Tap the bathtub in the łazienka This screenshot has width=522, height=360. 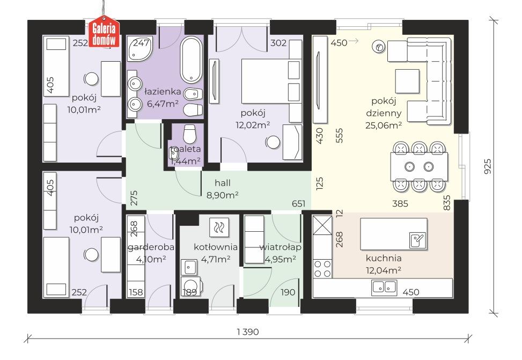[191, 59]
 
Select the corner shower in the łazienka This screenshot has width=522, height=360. [139, 49]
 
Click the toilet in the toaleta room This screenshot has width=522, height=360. [189, 134]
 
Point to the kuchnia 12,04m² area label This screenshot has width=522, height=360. [384, 264]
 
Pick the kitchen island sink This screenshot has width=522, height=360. [417, 240]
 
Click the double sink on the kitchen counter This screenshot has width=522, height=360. [384, 286]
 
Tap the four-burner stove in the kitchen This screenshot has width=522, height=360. [322, 269]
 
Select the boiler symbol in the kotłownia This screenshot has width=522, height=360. [219, 227]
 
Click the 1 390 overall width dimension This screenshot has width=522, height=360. [248, 332]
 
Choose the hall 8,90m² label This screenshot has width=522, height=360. [223, 189]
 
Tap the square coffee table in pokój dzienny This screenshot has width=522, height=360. [407, 81]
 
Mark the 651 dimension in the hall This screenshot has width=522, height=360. [298, 203]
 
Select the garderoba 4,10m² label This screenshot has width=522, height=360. [151, 253]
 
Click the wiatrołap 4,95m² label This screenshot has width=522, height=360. [280, 253]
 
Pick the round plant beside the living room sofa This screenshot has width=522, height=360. [379, 47]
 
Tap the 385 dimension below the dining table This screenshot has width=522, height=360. [400, 203]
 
